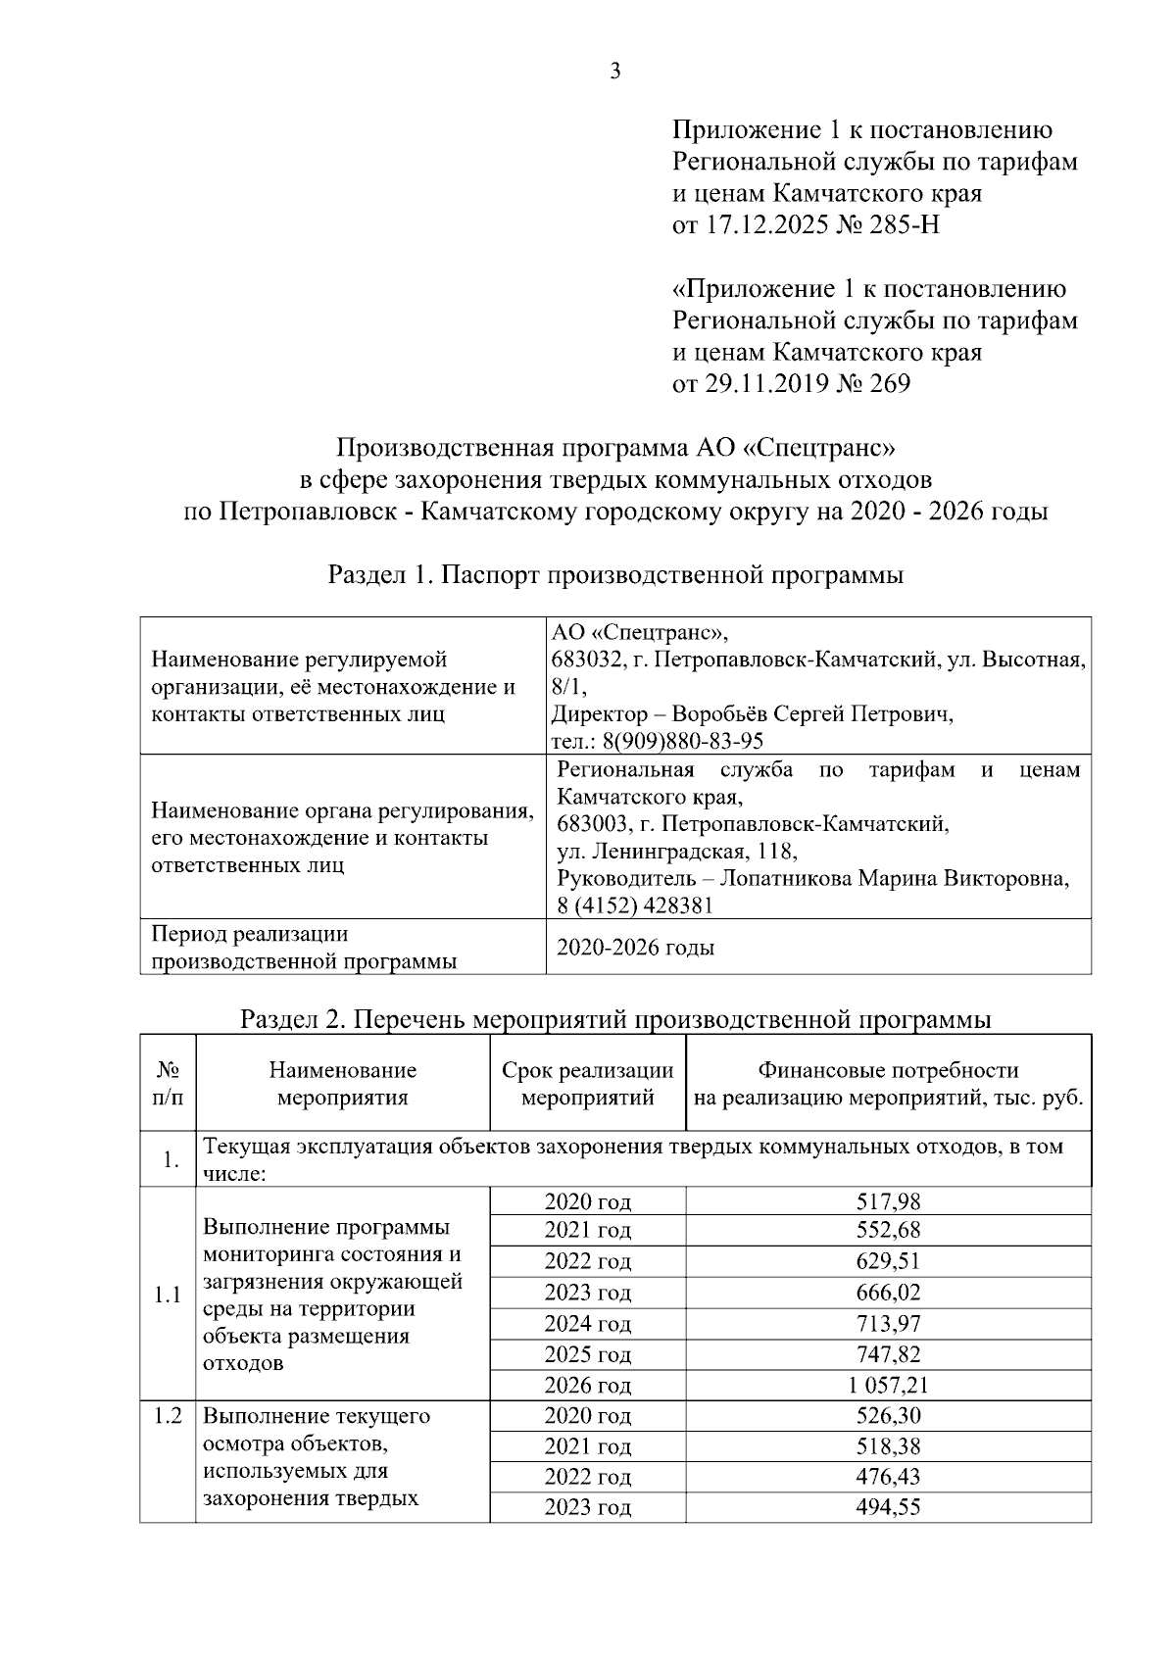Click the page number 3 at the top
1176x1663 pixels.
point(614,71)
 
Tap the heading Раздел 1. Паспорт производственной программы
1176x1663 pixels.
point(615,575)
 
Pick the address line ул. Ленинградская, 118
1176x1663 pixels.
point(676,851)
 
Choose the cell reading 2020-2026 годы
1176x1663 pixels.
point(635,948)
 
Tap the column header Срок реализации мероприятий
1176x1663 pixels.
point(587,1084)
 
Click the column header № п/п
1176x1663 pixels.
point(167,1084)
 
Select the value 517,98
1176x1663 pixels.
point(888,1201)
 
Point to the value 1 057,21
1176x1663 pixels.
point(888,1386)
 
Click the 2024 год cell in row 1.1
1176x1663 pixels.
point(587,1324)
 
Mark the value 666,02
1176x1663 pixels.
point(888,1293)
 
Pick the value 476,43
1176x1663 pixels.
point(888,1477)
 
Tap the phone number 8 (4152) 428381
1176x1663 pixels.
point(634,905)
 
